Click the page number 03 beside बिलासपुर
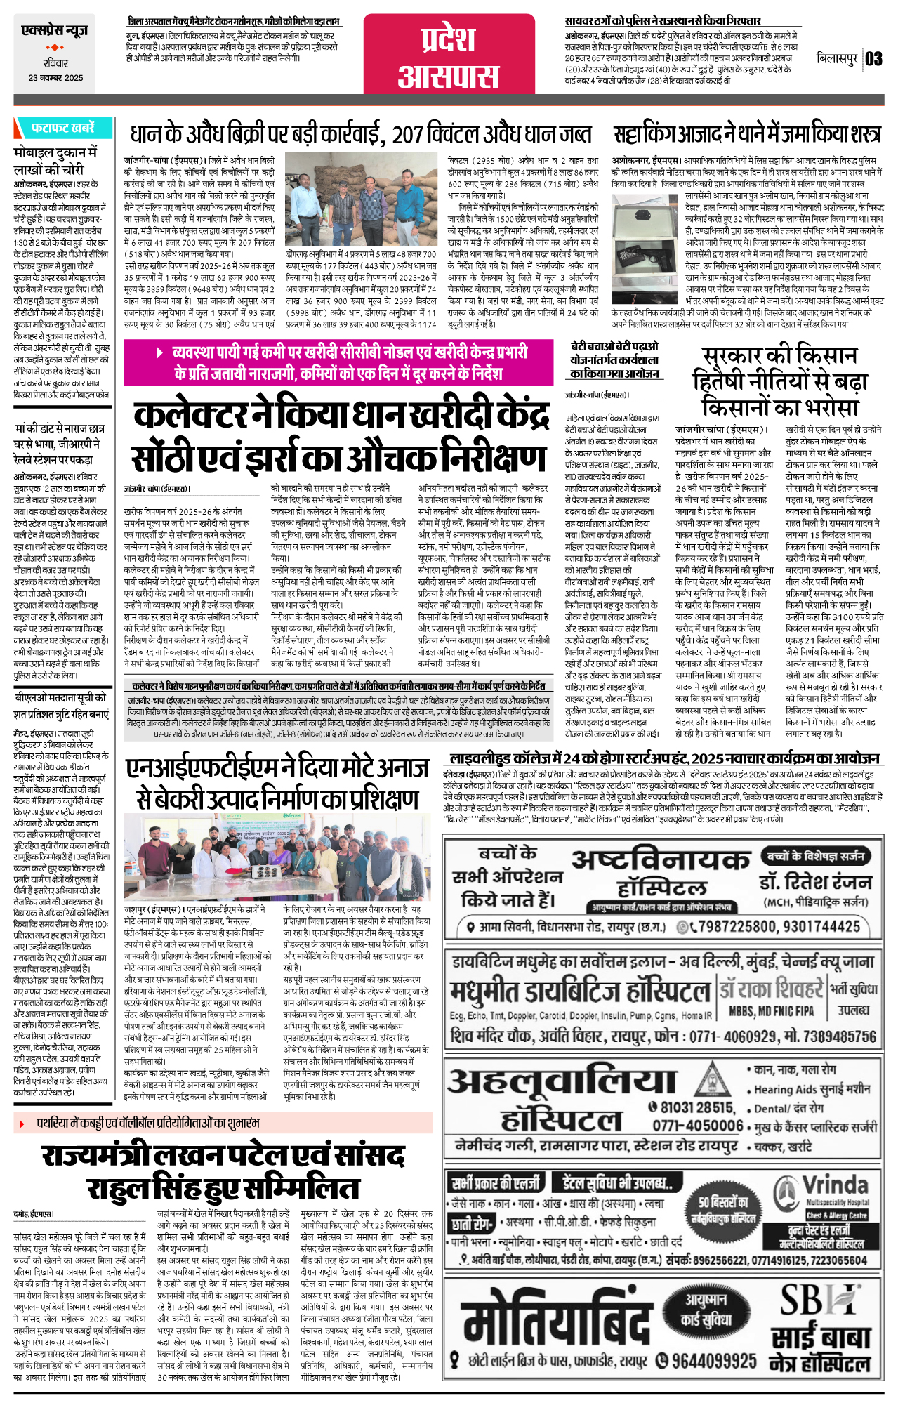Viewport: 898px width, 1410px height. tap(873, 59)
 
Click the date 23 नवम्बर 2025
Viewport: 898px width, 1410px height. tap(55, 78)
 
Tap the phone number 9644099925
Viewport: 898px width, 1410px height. tap(713, 1360)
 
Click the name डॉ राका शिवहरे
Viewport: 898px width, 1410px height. tap(770, 989)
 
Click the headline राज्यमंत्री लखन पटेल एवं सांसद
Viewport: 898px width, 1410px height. tap(223, 1155)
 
